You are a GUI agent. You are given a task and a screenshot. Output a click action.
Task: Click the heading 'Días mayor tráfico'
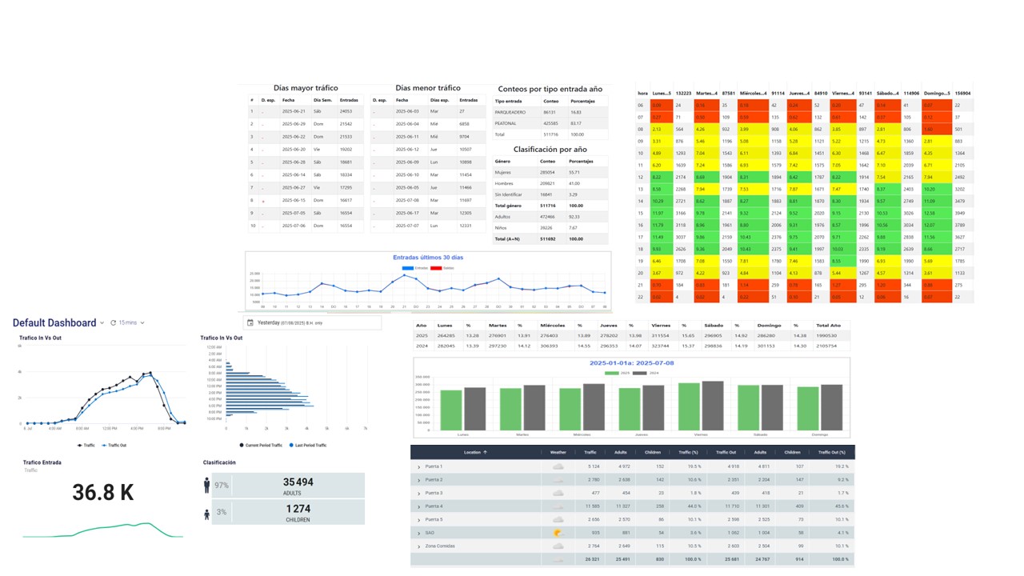306,88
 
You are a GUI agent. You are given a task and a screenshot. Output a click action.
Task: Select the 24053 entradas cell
346,111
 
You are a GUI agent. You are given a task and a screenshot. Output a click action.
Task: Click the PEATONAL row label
505,123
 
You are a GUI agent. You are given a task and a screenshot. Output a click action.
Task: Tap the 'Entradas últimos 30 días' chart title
428,258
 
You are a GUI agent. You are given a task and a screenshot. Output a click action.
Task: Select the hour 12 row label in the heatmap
640,176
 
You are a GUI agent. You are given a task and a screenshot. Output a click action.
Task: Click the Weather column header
558,452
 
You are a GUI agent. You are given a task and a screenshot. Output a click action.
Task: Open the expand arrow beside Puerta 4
418,506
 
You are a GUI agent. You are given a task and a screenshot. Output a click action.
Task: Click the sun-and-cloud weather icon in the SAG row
558,532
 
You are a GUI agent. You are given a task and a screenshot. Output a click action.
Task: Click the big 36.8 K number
103,493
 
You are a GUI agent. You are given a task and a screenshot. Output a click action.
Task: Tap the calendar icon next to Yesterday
250,322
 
